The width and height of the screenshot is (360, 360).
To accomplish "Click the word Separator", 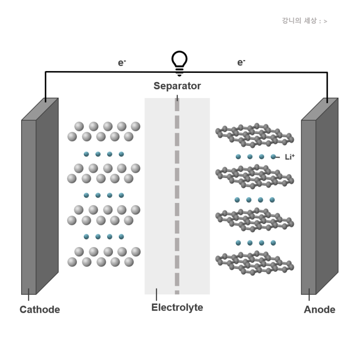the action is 177,86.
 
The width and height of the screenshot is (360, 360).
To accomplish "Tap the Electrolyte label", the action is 177,308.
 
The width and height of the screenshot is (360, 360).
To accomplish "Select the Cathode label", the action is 40,310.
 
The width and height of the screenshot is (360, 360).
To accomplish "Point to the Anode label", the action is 319,310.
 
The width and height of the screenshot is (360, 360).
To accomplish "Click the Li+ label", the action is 290,157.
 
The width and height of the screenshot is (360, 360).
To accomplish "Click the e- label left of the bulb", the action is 122,63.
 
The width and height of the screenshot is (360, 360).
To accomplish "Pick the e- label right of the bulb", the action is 241,62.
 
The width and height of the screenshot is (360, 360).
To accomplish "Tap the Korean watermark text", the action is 305,21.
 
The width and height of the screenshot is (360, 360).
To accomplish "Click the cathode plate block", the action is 40,196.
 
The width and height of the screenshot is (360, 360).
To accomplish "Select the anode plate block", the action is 320,196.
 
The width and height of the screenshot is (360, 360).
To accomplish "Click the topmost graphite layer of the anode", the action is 255,135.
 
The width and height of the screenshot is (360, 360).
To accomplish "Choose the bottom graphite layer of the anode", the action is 255,263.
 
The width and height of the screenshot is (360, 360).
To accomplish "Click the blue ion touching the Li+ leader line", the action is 273,157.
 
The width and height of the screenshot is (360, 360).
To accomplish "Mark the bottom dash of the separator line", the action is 177,292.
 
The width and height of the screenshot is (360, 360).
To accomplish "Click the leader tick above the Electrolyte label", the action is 156,295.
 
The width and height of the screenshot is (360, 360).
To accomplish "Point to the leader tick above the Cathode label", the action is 28,295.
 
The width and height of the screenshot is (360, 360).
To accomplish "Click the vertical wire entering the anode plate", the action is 327,87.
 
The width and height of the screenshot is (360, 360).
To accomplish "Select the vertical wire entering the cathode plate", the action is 45,87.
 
